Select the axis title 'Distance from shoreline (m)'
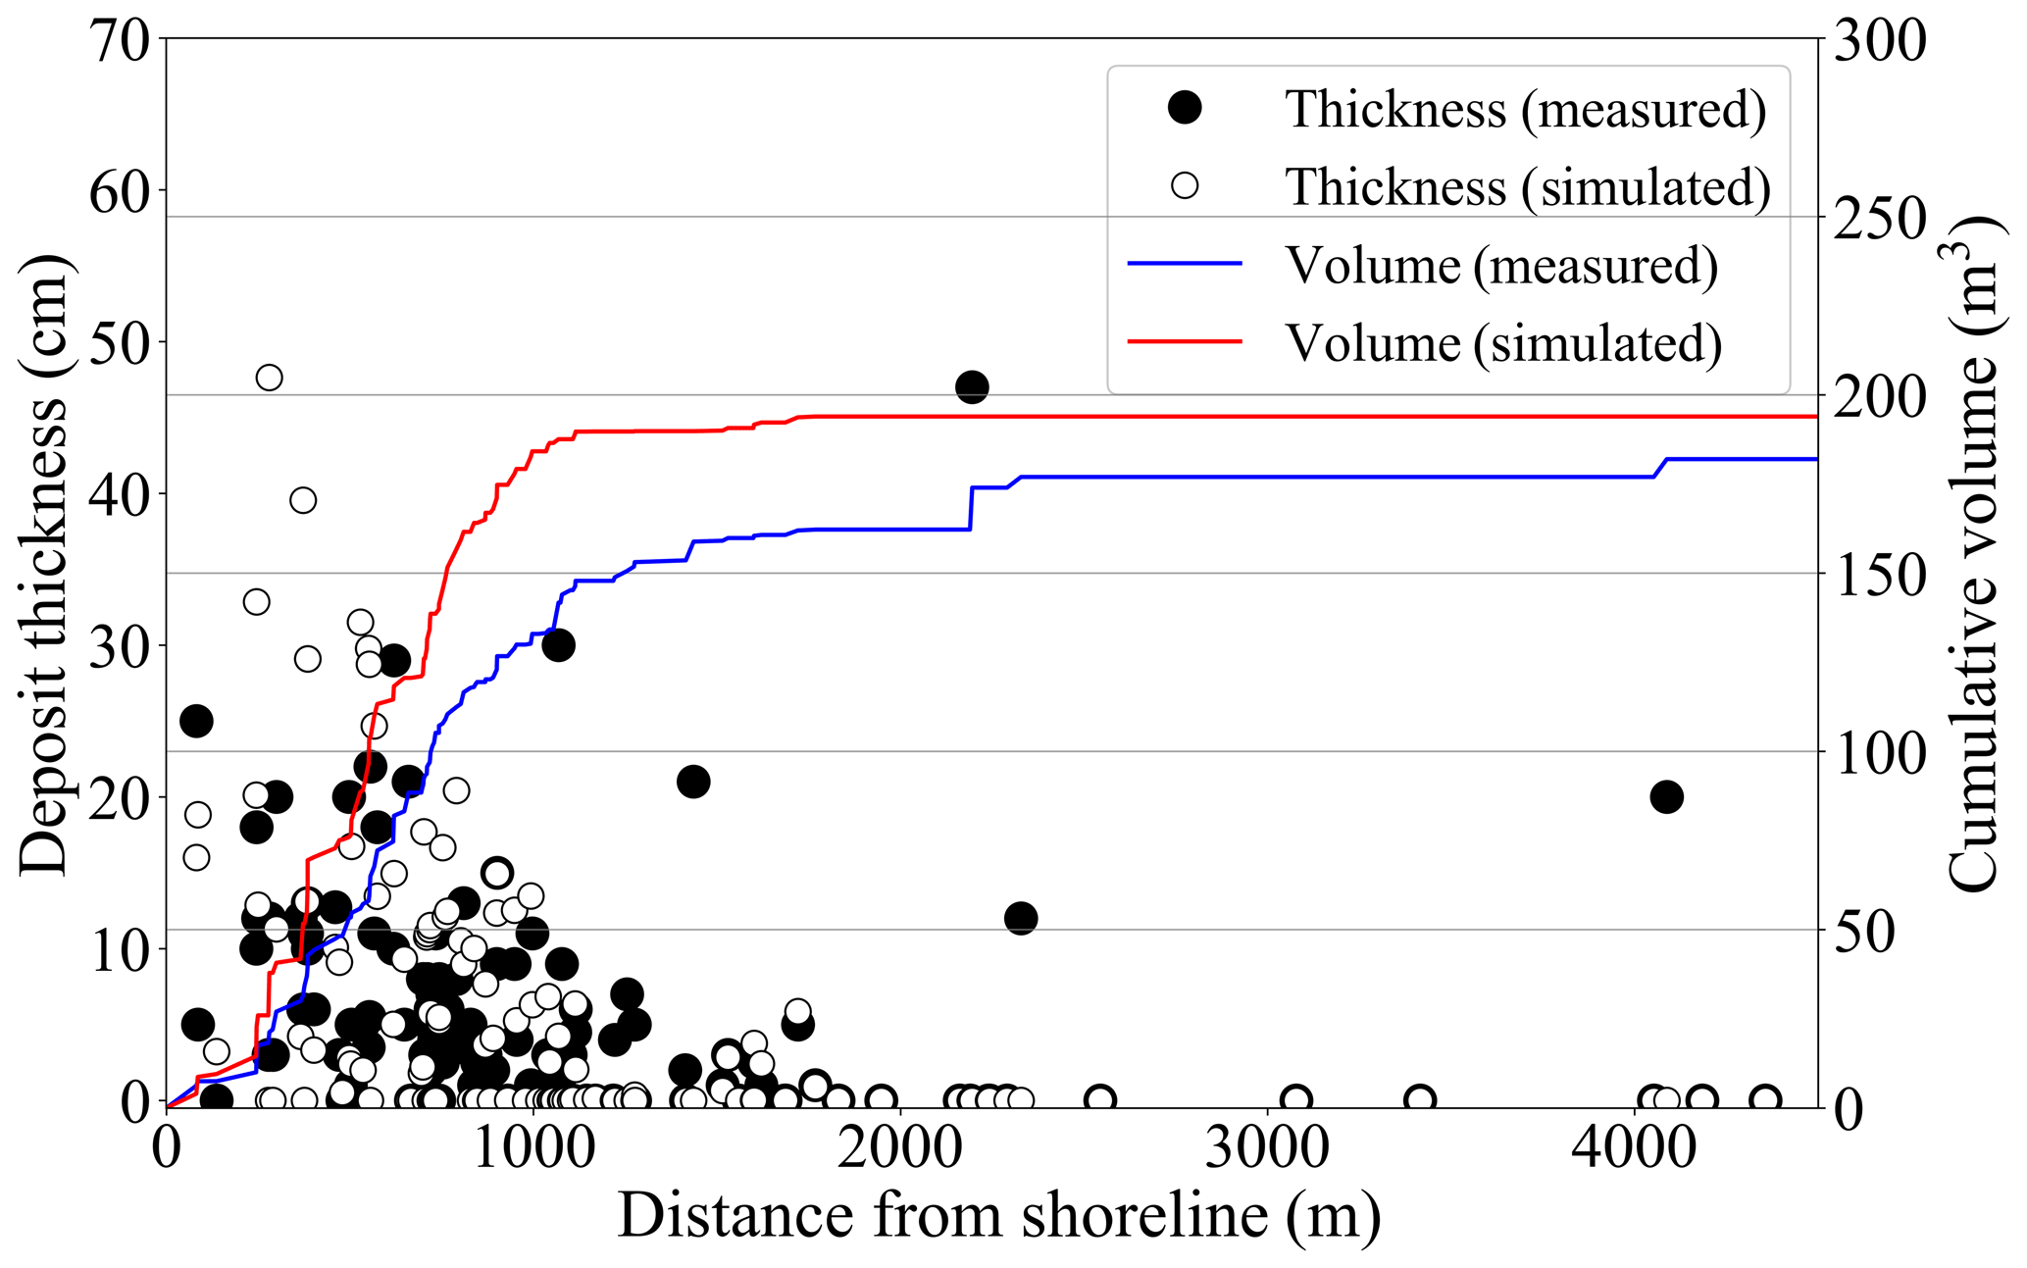point(998,1216)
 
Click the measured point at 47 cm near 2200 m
point(971,387)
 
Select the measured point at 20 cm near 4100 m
point(1666,797)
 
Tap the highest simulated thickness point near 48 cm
point(269,378)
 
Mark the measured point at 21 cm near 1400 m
point(692,783)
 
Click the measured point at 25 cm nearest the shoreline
point(196,722)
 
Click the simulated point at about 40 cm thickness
point(303,501)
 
